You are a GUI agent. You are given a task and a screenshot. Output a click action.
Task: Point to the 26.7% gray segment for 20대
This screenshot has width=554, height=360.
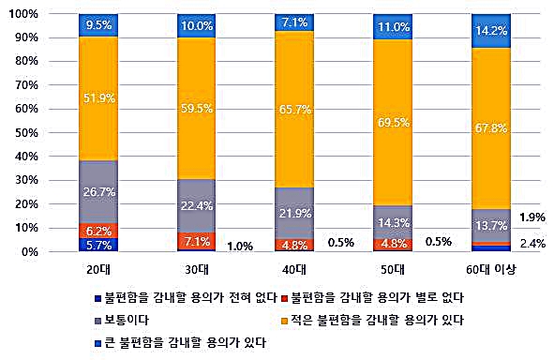click(98, 192)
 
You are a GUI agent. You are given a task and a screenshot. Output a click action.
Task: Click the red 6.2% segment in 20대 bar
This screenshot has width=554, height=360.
click(98, 230)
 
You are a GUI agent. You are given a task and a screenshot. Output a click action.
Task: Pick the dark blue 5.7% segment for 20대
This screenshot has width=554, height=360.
click(98, 245)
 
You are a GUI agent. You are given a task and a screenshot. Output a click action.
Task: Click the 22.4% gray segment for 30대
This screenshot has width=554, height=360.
click(197, 206)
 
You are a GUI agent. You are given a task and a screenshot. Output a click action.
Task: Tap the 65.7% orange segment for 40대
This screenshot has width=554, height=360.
click(295, 110)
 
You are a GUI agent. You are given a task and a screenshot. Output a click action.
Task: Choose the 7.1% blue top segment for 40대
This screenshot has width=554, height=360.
click(295, 22)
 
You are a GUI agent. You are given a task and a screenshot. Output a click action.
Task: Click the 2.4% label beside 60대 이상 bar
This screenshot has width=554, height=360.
click(532, 244)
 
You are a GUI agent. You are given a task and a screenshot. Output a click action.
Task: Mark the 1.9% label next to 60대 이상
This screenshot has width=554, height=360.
click(532, 217)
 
